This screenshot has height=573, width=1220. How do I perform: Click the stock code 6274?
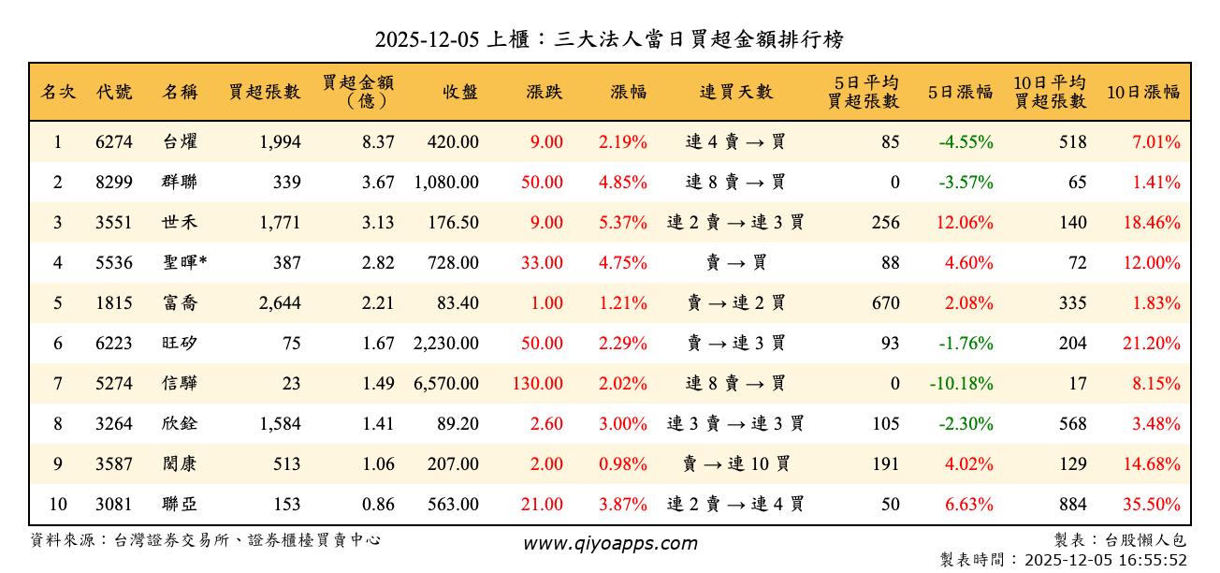click(x=114, y=142)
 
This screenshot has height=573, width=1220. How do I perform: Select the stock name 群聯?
click(x=180, y=183)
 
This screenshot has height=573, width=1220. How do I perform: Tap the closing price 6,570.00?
click(x=446, y=384)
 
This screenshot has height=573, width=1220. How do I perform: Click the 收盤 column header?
click(x=460, y=92)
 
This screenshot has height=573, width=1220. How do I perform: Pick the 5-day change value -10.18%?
click(x=962, y=384)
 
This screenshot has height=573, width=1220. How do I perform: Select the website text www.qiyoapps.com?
click(x=610, y=544)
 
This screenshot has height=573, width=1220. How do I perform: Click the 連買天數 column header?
click(x=735, y=92)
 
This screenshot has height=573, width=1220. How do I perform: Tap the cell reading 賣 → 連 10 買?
click(x=735, y=464)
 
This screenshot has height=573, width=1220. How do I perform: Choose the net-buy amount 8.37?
click(x=378, y=142)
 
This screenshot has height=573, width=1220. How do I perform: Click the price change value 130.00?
click(x=538, y=384)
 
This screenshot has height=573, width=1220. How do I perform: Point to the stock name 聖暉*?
click(x=184, y=263)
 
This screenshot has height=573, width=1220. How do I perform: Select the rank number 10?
click(x=58, y=505)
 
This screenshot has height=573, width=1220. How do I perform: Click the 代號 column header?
click(x=114, y=92)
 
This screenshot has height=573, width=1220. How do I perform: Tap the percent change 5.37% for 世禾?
click(x=623, y=223)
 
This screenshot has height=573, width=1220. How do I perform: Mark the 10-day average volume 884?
click(x=1072, y=505)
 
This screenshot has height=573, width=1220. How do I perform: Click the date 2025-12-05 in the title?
click(x=427, y=39)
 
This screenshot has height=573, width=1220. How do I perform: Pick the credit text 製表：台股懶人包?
click(x=1119, y=540)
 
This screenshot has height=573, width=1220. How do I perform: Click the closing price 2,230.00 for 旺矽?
click(x=446, y=344)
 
